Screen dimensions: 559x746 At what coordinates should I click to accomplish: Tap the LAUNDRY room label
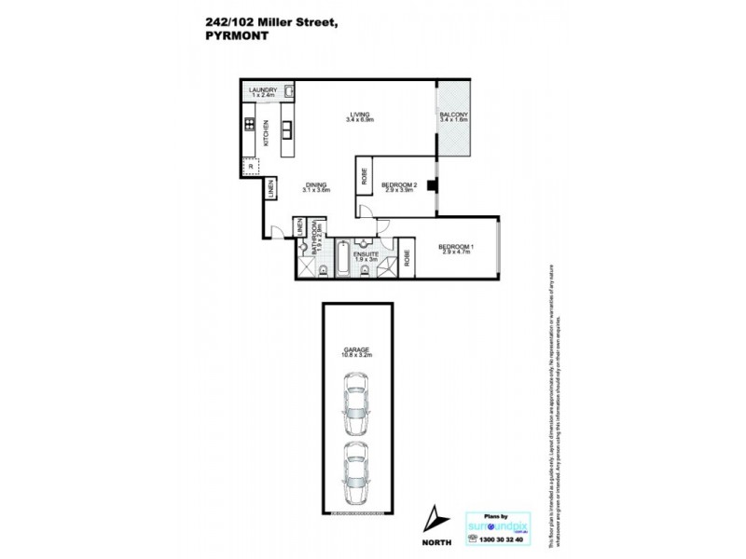[x=264, y=89]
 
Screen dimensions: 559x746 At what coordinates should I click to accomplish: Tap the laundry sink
[x=290, y=92]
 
